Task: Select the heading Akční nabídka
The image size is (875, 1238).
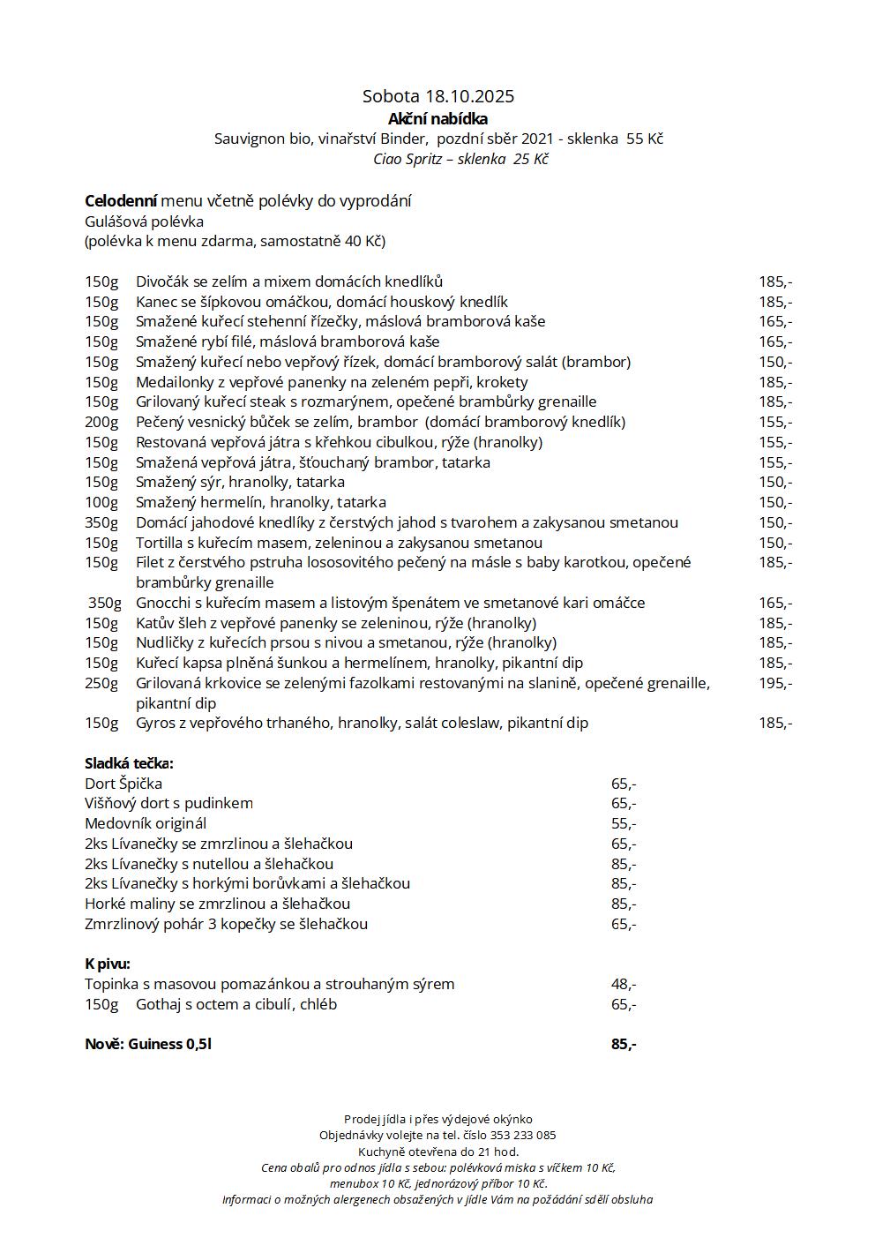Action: (437, 119)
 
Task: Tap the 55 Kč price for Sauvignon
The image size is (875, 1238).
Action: (644, 139)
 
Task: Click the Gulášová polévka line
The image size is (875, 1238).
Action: (144, 221)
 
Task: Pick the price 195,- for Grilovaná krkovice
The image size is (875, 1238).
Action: (775, 683)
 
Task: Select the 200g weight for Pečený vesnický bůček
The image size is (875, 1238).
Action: (101, 423)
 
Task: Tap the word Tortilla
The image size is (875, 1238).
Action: (158, 544)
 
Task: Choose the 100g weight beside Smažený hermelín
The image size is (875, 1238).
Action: (101, 503)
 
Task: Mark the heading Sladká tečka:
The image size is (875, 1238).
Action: (129, 764)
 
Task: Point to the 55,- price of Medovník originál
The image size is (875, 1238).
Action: (624, 824)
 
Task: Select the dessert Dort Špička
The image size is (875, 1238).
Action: (123, 784)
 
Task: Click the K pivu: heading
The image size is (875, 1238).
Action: (108, 964)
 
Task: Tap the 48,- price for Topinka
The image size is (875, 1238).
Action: (624, 985)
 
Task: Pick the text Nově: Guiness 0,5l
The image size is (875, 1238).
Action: (148, 1045)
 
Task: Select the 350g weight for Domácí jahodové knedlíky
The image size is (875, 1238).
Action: (101, 523)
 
